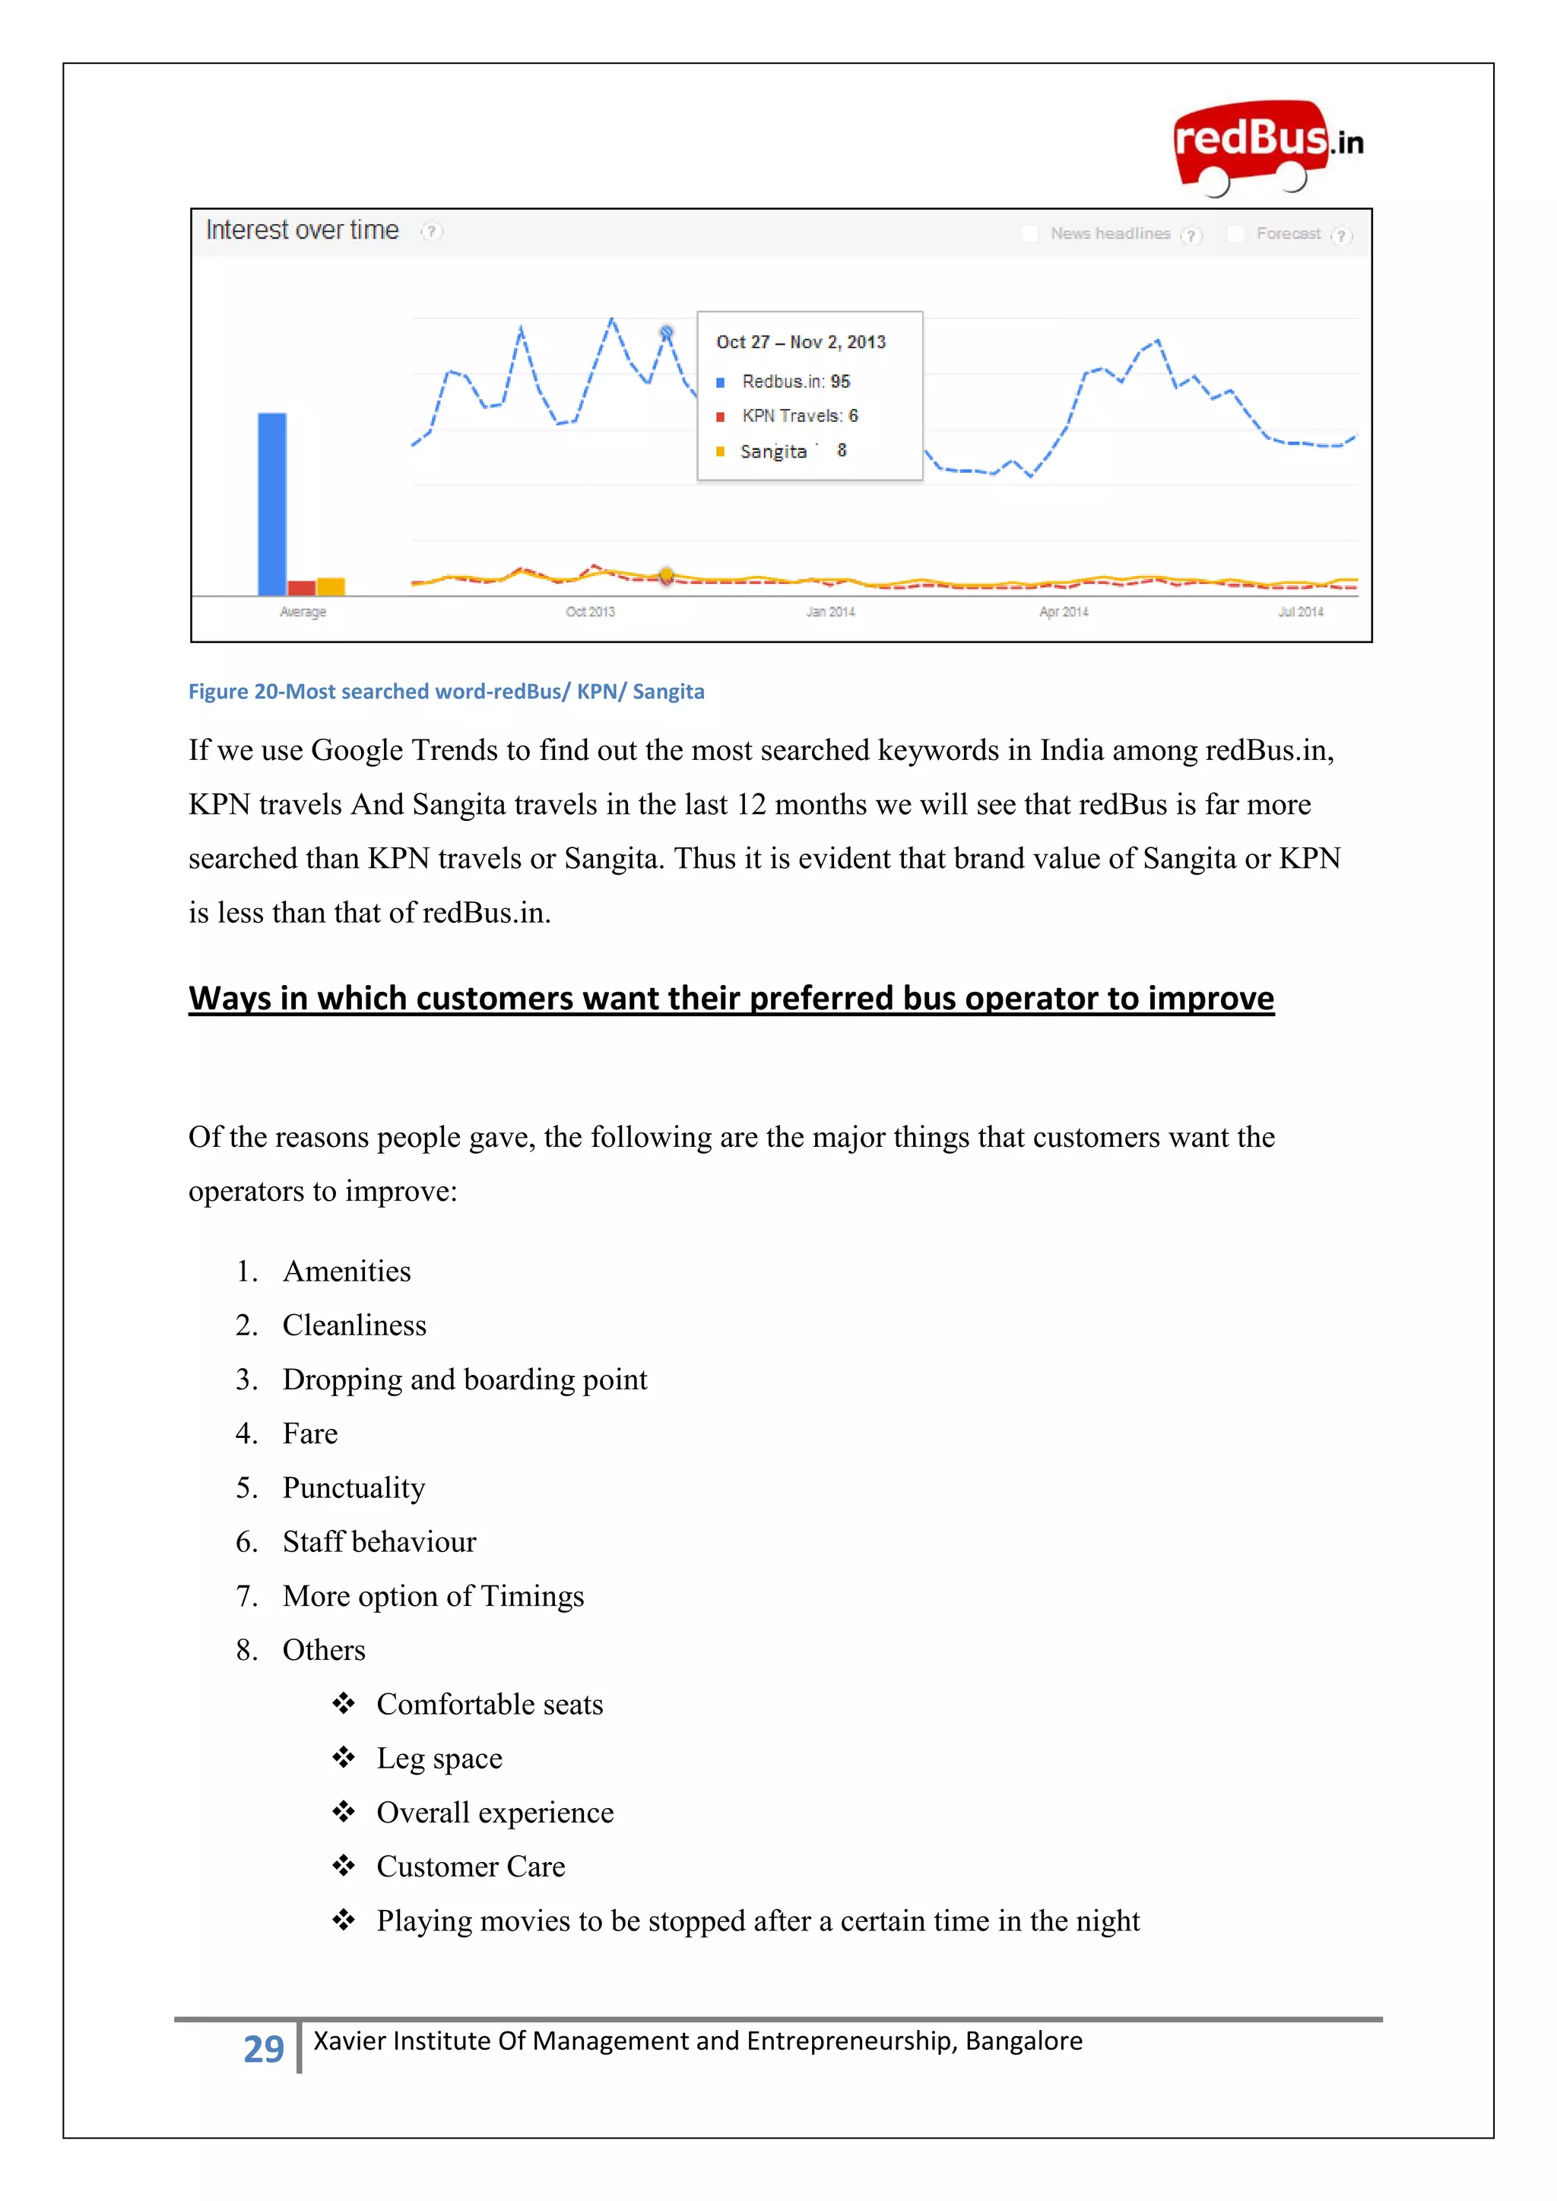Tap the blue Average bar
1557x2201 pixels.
(272, 503)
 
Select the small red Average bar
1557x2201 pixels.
(301, 587)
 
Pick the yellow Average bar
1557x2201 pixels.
(331, 586)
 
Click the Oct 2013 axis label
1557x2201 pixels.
(590, 612)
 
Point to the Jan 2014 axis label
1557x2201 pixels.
(830, 612)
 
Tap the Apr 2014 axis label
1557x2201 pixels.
(1064, 612)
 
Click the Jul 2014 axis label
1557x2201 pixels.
(1300, 612)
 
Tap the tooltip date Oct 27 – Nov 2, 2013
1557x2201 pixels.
(801, 342)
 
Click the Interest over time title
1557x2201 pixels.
(302, 230)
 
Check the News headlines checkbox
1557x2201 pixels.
(1029, 233)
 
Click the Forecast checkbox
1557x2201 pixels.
(1236, 233)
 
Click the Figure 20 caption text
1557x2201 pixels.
(446, 691)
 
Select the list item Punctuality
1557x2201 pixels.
(354, 1488)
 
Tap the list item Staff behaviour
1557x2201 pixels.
(379, 1541)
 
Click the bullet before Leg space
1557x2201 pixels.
(343, 1757)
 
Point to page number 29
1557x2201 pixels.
(264, 2048)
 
